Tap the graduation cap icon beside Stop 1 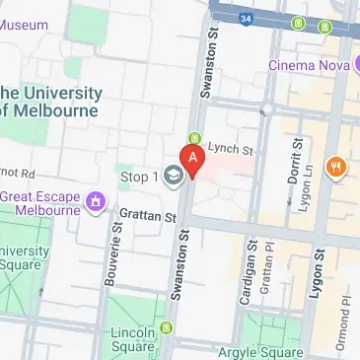click(174, 178)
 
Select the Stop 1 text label click(139, 178)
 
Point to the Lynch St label click(231, 147)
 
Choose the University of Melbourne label click(51, 102)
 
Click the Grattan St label click(148, 214)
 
